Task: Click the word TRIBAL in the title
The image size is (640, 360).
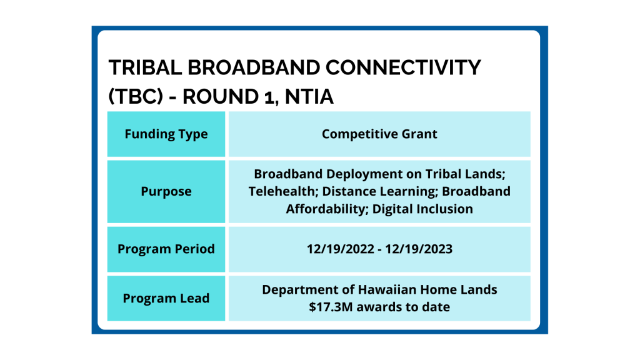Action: [145, 67]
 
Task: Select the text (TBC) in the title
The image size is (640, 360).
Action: [136, 97]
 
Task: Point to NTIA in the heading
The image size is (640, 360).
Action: [309, 97]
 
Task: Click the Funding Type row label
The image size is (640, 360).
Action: [166, 134]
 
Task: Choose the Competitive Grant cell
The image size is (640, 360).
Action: [379, 134]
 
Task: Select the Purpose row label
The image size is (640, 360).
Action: [166, 191]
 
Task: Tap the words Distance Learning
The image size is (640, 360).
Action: [380, 191]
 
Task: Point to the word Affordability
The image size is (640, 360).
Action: [325, 209]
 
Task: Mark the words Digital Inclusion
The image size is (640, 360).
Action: [422, 209]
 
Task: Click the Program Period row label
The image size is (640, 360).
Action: [166, 249]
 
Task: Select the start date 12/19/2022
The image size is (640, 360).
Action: [341, 249]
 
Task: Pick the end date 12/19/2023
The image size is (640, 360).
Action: [419, 249]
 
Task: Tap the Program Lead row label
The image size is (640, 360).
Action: [166, 298]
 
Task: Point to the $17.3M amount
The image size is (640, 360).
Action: [331, 306]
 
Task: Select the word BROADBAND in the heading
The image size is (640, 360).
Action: [254, 67]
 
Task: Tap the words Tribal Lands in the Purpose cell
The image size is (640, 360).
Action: [465, 174]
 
